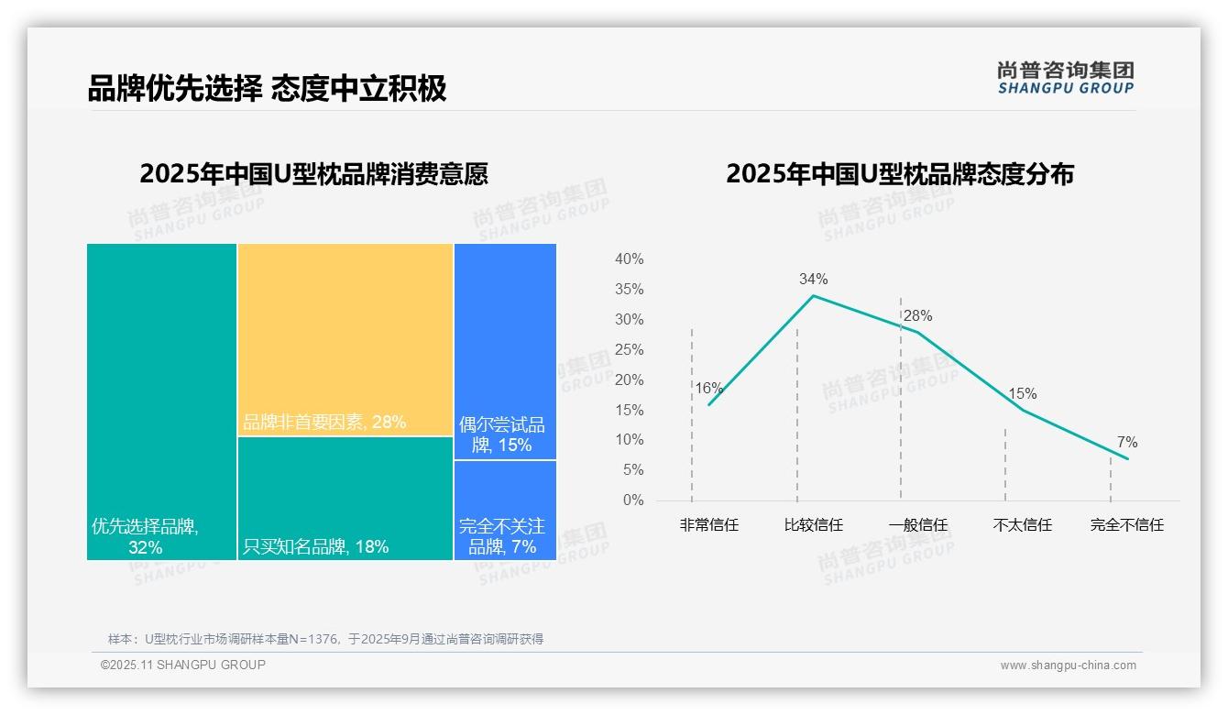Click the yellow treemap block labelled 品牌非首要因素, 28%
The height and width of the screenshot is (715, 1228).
(x=345, y=339)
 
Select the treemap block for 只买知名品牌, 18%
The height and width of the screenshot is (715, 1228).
(x=345, y=498)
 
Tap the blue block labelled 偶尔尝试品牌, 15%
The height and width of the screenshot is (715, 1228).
(x=505, y=351)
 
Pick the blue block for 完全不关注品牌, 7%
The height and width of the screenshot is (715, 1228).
(x=505, y=510)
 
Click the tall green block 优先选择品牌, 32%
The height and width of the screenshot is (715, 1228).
(x=161, y=401)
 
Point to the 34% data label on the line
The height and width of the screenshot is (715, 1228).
(x=813, y=279)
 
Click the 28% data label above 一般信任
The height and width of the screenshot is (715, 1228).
(x=917, y=316)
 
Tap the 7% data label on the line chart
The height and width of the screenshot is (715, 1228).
(x=1127, y=443)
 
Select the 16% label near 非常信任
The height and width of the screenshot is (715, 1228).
(x=708, y=389)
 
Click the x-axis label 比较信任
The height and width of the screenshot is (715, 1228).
(x=813, y=525)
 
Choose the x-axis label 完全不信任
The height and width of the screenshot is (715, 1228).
(x=1127, y=525)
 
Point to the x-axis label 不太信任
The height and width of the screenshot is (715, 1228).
(x=1023, y=525)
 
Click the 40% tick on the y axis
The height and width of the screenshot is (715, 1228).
(x=629, y=259)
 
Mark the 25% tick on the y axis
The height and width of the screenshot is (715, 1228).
(x=629, y=349)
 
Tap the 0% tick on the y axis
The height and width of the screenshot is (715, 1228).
(x=633, y=500)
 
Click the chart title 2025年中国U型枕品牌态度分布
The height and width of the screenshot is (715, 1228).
(x=899, y=174)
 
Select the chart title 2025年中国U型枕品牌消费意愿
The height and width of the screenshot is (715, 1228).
(x=313, y=174)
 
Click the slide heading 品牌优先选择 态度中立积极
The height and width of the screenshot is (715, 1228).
(x=267, y=88)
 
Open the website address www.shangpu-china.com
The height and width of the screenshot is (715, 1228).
(x=1068, y=665)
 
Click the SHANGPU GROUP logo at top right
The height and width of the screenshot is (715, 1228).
(x=1065, y=78)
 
